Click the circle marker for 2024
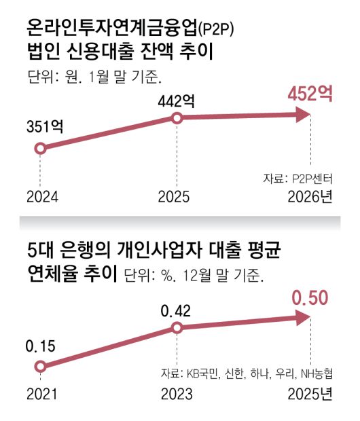click(x=39, y=148)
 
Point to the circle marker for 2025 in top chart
click(x=176, y=118)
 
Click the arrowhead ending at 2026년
click(x=304, y=116)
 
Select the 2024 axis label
click(x=43, y=198)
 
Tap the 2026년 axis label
click(x=310, y=198)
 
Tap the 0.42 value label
click(x=176, y=311)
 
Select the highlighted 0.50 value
click(x=310, y=297)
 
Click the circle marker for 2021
click(x=39, y=367)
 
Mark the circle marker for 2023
click(x=176, y=329)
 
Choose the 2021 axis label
click(x=42, y=395)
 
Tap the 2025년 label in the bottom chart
click(x=310, y=395)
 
